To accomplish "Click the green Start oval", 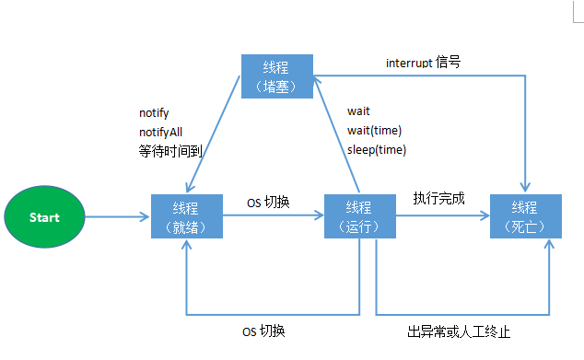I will tap(44, 218).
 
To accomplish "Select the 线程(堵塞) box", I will tap(275, 75).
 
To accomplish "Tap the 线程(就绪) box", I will tap(186, 216).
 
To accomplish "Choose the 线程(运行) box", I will tap(359, 216).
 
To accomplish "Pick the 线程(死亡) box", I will tap(524, 216).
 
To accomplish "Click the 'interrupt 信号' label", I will tap(423, 63).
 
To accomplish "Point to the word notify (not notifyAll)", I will tap(154, 112).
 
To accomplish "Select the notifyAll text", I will tap(160, 132).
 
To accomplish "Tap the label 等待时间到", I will tap(169, 150).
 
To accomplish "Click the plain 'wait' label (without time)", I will tap(358, 111).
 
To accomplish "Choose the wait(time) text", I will tap(374, 130).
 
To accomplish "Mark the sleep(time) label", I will tap(376, 149).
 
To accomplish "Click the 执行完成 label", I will tap(439, 198).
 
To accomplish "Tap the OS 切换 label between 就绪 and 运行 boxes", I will tap(268, 202).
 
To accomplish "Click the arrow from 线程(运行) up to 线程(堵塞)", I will tap(333, 138).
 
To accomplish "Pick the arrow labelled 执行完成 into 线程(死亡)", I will tap(442, 217).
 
